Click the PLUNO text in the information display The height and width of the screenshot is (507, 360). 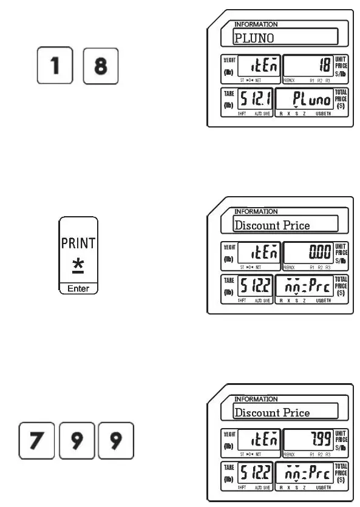(254, 39)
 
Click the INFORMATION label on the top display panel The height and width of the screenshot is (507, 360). (256, 24)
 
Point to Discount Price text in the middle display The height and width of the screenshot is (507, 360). (272, 226)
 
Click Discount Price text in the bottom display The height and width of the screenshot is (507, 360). (272, 413)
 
